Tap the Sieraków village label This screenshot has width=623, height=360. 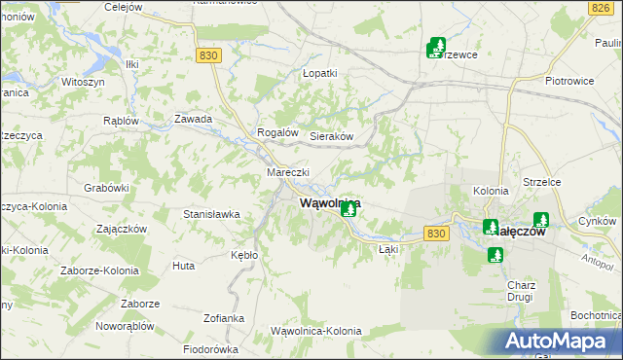(330, 137)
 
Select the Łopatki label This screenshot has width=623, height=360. (319, 73)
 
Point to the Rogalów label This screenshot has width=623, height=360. (275, 132)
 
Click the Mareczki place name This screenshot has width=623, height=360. (288, 172)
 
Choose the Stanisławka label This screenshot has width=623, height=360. (212, 213)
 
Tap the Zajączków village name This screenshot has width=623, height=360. (123, 230)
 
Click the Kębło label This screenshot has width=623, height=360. (244, 254)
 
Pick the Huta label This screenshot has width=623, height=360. (183, 265)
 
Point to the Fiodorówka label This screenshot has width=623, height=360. (210, 349)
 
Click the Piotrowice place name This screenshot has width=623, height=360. (570, 81)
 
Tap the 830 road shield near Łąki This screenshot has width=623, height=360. (438, 234)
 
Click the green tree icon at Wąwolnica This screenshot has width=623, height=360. (348, 209)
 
